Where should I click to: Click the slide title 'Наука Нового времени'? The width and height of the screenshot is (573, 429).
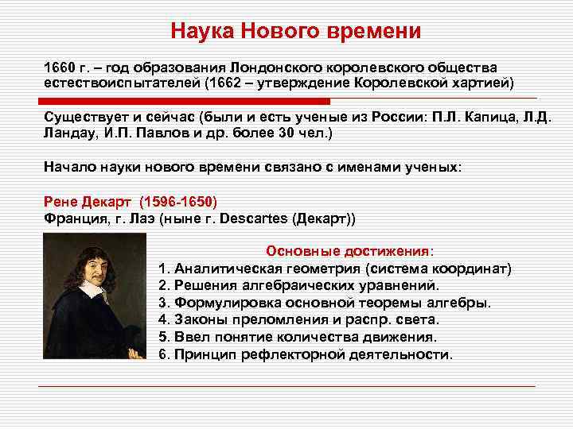coord(295,31)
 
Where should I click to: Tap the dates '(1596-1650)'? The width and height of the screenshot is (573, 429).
coord(178,201)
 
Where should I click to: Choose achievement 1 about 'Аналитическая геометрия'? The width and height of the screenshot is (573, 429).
coord(334,268)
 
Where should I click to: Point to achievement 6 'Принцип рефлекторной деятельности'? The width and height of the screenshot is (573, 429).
coord(306,354)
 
